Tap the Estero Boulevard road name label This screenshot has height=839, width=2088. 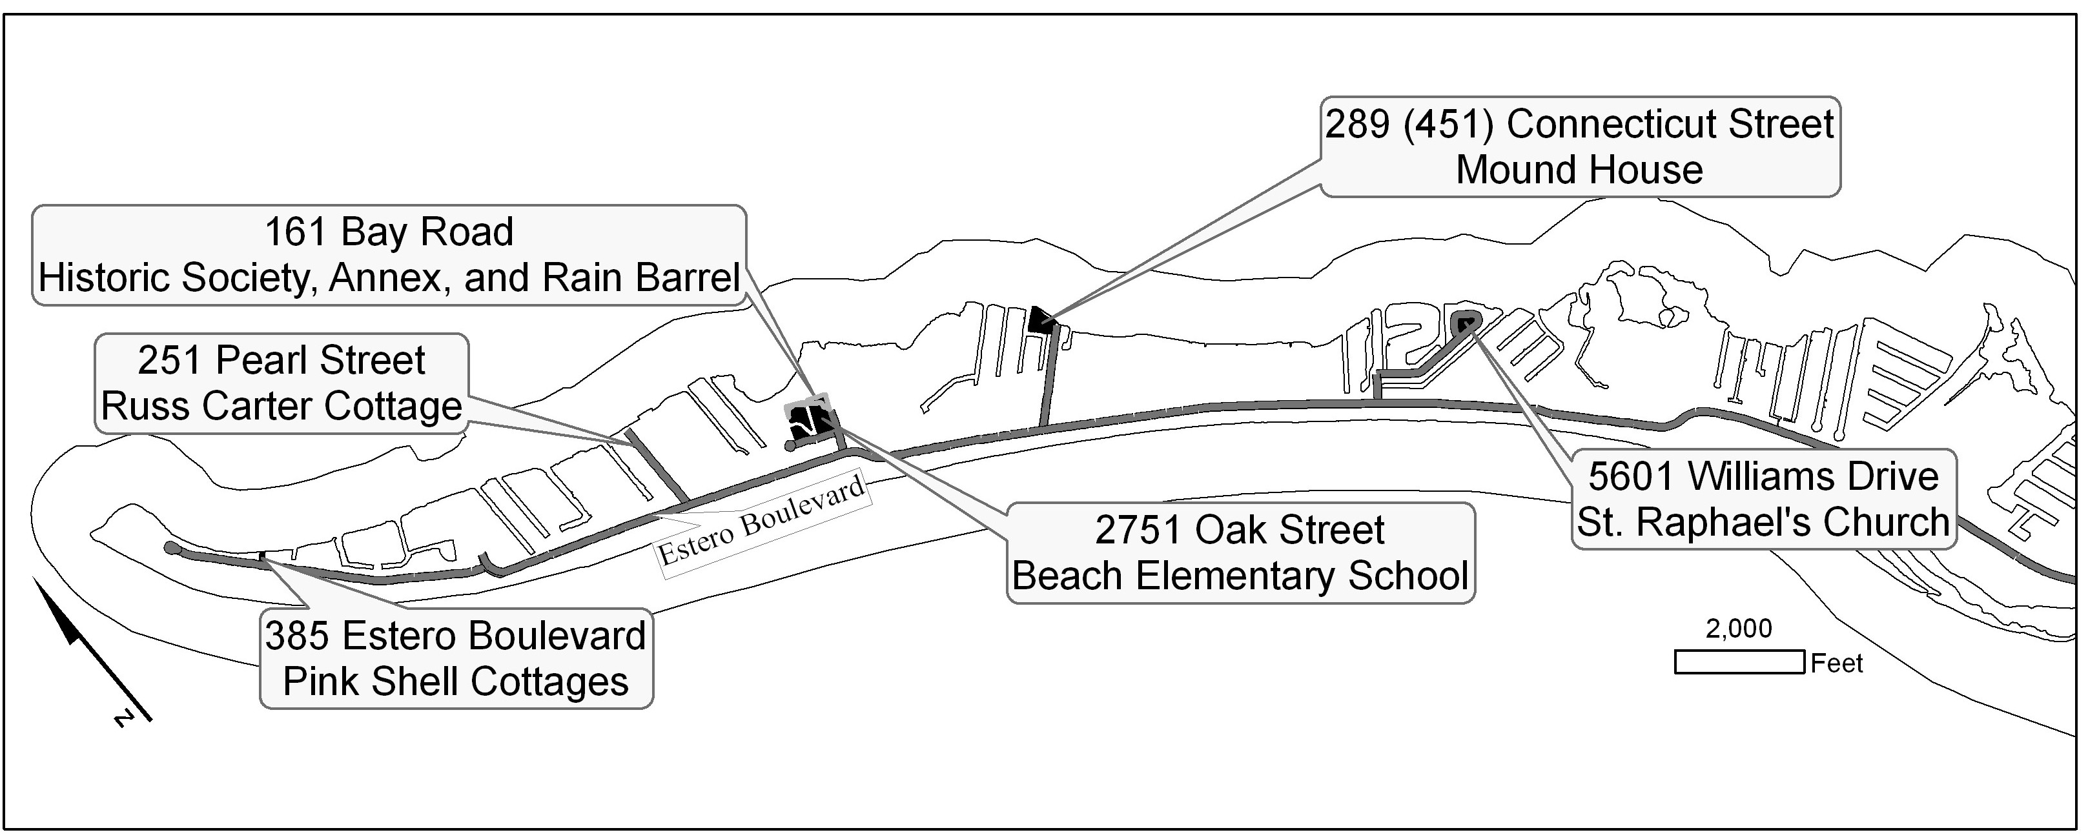pyautogui.click(x=761, y=523)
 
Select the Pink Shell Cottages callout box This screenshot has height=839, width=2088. pyautogui.click(x=456, y=658)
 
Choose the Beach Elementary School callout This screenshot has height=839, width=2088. pyautogui.click(x=1240, y=553)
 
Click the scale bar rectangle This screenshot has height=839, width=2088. pyautogui.click(x=1739, y=662)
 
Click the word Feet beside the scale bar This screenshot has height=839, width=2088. pyautogui.click(x=1837, y=664)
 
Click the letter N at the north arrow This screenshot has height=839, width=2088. pyautogui.click(x=124, y=718)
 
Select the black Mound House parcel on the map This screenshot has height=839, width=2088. pyautogui.click(x=1041, y=320)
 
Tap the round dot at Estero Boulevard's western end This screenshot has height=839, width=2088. pyautogui.click(x=171, y=549)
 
